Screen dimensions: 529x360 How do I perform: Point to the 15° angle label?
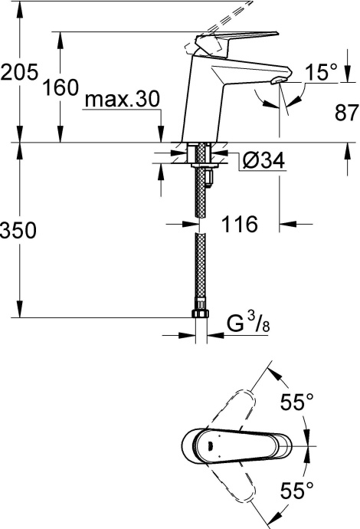pyautogui.click(x=322, y=73)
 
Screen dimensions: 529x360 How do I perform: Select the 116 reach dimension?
pyautogui.click(x=238, y=224)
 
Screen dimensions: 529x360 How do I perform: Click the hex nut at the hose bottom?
pyautogui.click(x=200, y=314)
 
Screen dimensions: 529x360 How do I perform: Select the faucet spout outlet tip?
pyautogui.click(x=280, y=83)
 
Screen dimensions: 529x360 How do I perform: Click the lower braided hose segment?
pyautogui.click(x=201, y=268)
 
